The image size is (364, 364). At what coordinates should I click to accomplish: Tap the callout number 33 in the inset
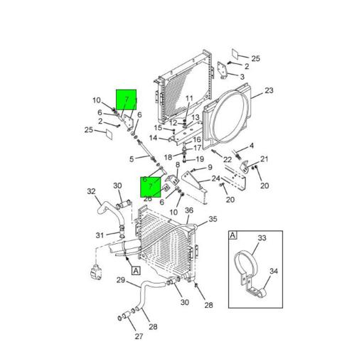[261, 239]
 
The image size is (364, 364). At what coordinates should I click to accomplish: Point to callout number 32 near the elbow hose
[91, 191]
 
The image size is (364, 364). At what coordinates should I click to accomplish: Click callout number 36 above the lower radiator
[189, 210]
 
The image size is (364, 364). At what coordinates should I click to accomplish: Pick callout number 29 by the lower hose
[121, 280]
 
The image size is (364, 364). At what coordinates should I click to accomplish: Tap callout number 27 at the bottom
[139, 337]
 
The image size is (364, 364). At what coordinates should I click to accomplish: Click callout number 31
[100, 236]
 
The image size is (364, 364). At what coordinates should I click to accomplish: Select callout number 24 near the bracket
[215, 178]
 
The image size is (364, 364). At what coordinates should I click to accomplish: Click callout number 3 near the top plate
[242, 77]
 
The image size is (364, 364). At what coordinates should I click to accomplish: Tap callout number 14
[153, 138]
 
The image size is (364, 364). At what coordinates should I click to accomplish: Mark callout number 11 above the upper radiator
[189, 98]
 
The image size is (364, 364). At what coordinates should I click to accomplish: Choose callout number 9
[210, 168]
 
